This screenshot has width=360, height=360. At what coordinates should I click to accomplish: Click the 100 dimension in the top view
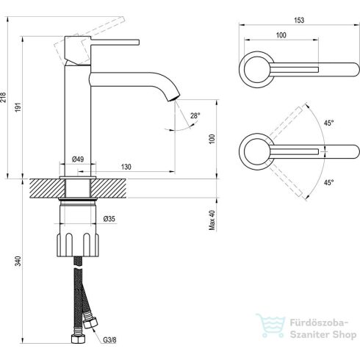tap(281, 35)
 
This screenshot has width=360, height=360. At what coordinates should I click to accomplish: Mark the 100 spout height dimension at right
tap(213, 137)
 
